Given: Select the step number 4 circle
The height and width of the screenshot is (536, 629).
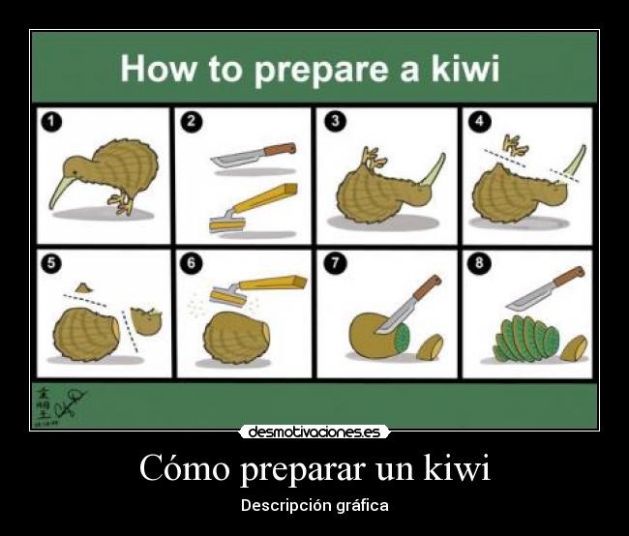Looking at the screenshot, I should tap(476, 121).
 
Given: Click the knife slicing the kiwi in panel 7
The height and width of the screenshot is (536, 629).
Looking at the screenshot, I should tap(412, 305).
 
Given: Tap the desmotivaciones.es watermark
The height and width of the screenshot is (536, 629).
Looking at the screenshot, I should tap(314, 432).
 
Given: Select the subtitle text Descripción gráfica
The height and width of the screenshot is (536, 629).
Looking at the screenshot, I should tap(314, 506).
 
